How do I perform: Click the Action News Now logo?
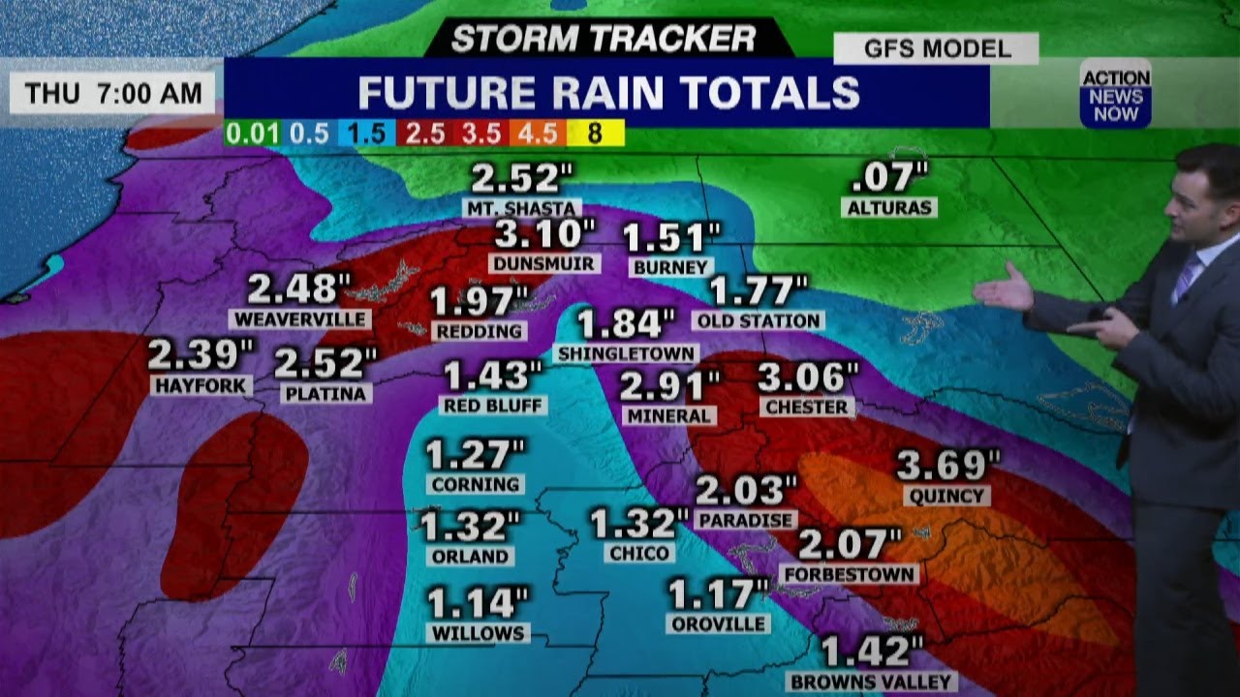tap(1115, 94)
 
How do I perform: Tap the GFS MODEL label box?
tap(936, 48)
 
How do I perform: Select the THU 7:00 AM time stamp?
tap(113, 93)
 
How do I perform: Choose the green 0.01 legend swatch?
tap(252, 134)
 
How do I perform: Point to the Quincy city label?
tap(946, 497)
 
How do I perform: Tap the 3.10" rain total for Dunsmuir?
tap(544, 233)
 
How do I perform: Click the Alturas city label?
tap(888, 208)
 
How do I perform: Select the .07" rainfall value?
tap(888, 178)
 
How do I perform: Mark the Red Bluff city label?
tap(493, 406)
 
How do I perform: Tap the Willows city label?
tap(478, 634)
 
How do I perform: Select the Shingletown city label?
tap(626, 354)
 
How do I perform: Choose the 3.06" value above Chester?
tap(807, 378)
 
